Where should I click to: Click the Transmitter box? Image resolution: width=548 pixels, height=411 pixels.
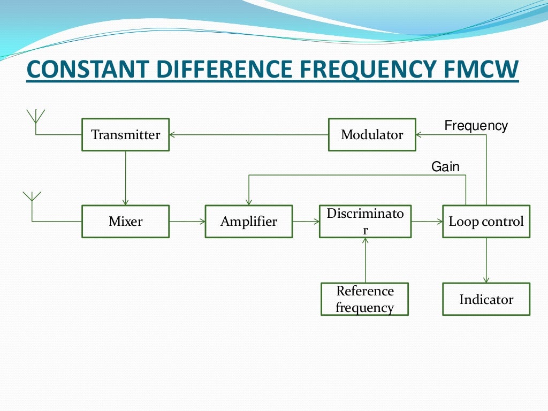[125, 134]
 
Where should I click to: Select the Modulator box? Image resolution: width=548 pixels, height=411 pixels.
[372, 134]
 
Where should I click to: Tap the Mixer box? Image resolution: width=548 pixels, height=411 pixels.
[125, 221]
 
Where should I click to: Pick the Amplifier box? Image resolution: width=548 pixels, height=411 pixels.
[249, 221]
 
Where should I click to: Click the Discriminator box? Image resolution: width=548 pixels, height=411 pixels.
[365, 221]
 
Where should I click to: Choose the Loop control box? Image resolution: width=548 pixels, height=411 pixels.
[486, 221]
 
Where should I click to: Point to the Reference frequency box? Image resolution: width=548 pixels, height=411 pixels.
[364, 299]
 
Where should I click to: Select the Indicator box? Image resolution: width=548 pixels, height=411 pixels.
[486, 299]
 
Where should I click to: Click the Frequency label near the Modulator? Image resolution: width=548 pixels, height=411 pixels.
[476, 126]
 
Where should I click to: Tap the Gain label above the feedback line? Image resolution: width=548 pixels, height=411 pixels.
[445, 167]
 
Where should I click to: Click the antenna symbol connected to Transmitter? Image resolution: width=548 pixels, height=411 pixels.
[35, 117]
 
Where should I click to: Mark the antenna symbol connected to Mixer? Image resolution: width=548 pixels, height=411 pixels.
[32, 197]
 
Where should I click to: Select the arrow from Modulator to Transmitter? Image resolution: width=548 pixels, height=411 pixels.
[248, 135]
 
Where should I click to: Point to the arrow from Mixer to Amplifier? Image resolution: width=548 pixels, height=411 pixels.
[187, 221]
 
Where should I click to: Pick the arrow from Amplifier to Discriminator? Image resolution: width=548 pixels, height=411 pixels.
[306, 221]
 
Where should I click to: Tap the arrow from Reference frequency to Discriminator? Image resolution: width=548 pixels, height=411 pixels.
[366, 260]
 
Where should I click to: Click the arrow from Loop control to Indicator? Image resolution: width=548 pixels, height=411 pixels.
[486, 260]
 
